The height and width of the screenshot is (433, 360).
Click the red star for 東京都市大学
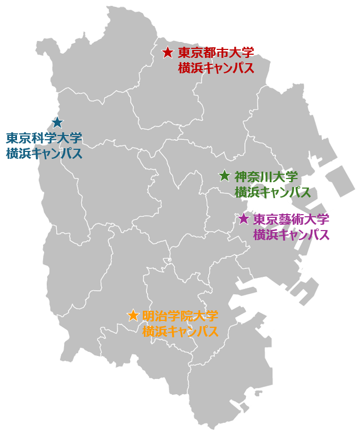168,53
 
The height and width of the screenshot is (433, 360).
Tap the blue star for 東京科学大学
57,123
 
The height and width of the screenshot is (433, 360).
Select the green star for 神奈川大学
225,176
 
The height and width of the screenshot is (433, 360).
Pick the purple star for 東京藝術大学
244,218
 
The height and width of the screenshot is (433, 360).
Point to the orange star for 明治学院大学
133,316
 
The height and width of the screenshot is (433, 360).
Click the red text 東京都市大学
216,53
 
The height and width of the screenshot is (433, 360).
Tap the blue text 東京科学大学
44,139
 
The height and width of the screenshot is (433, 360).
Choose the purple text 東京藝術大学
291,219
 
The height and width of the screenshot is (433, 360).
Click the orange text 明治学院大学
180,316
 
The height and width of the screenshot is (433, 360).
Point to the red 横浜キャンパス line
216,69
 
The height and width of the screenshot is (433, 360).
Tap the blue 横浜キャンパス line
44,154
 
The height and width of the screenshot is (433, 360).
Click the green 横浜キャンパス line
272,192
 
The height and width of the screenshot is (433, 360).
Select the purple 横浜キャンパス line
291,234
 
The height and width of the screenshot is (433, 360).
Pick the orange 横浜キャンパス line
180,332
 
